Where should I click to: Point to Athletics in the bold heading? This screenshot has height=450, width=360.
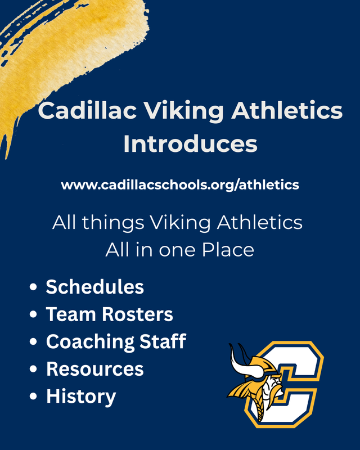pyautogui.click(x=286, y=111)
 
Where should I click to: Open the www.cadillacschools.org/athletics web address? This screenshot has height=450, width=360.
pyautogui.click(x=180, y=184)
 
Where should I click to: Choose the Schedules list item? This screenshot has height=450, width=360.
pyautogui.click(x=94, y=287)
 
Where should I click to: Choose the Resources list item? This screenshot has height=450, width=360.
pyautogui.click(x=94, y=369)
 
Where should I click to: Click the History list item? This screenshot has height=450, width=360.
pyautogui.click(x=81, y=396)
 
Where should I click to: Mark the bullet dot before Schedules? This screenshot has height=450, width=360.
pyautogui.click(x=34, y=287)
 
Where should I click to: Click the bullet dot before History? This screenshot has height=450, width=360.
pyautogui.click(x=34, y=397)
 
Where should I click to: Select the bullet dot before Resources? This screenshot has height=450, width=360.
pyautogui.click(x=34, y=370)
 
